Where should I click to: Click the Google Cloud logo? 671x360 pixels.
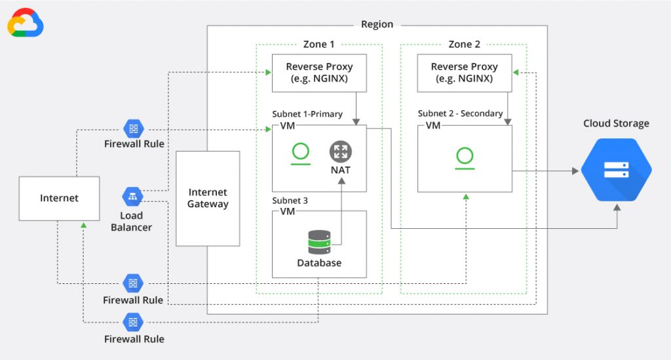click(x=26, y=24)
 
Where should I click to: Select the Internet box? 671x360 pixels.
click(x=59, y=198)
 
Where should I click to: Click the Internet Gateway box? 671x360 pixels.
click(x=208, y=198)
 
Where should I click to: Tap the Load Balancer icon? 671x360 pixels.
click(x=132, y=196)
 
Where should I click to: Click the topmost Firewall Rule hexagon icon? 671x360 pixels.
click(x=133, y=129)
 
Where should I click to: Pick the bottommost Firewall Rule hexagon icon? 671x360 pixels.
click(x=133, y=322)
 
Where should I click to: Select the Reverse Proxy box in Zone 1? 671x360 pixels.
click(x=319, y=73)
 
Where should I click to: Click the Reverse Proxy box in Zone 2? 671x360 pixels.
click(x=464, y=73)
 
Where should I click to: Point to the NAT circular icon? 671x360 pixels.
click(x=340, y=151)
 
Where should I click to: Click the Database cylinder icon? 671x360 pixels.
click(x=319, y=241)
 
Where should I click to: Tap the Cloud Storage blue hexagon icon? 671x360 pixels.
click(x=616, y=169)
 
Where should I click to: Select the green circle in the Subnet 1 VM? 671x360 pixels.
click(x=301, y=152)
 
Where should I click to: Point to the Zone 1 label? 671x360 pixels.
click(x=319, y=44)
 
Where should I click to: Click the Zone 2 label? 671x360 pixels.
click(x=464, y=44)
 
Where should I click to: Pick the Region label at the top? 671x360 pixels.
click(x=377, y=24)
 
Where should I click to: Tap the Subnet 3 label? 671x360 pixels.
click(x=290, y=200)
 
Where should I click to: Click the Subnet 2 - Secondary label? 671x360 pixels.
click(x=460, y=113)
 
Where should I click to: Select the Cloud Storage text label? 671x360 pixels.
click(x=616, y=123)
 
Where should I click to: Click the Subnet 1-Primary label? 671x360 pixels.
click(x=307, y=114)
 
